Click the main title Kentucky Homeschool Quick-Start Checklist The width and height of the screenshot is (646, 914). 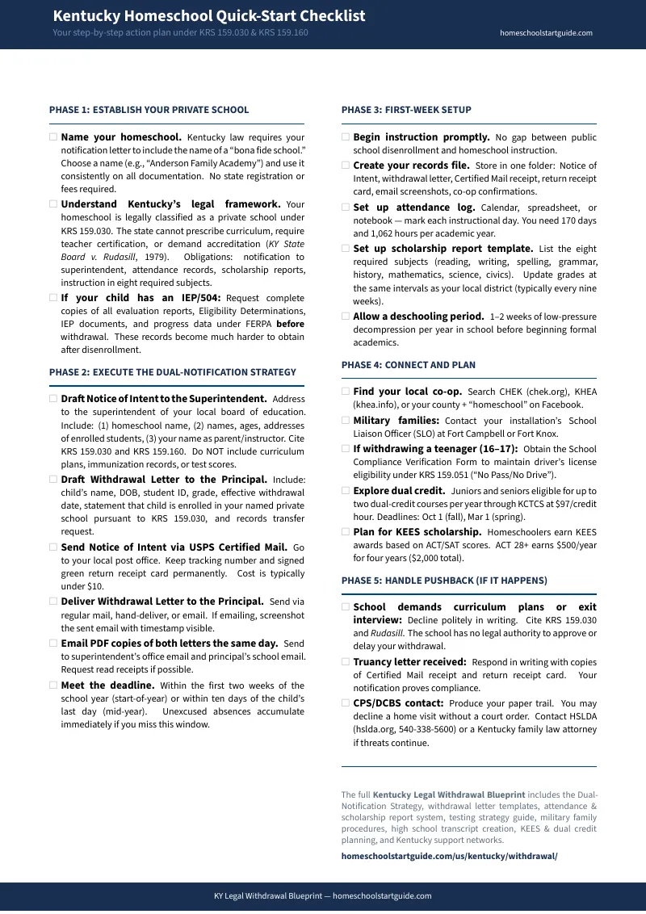point(208,16)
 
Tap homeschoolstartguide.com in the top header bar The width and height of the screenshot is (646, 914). point(546,33)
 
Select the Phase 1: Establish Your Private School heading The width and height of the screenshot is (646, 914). point(149,110)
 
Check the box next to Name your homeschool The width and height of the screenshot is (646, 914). point(53,137)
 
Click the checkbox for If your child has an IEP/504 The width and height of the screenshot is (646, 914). point(53,298)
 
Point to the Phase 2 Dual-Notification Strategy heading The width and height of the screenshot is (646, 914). point(172,372)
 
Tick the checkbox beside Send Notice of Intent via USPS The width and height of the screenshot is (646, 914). point(53,547)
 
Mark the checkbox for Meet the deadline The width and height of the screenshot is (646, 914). point(53,685)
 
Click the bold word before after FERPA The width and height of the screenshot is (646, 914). point(290,324)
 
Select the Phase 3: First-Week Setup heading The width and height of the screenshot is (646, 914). point(406,110)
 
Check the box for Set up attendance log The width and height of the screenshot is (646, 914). point(346,208)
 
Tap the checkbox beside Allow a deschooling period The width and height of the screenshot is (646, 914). point(346,317)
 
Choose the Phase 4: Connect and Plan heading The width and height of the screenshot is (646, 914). point(408,365)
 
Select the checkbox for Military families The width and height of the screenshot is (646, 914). point(346,421)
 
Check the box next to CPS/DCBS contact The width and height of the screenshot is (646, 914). point(346,703)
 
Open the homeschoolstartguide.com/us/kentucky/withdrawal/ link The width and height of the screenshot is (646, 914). point(449,855)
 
